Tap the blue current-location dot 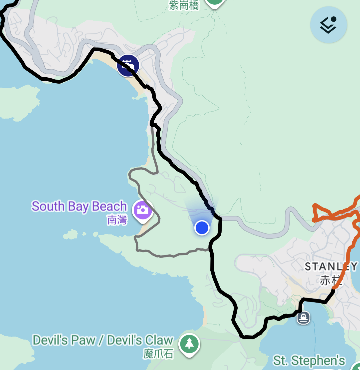click(x=202, y=228)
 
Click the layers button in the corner click(x=329, y=25)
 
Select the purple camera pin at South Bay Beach click(x=143, y=210)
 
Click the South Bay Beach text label click(x=79, y=206)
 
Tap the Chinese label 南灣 click(x=117, y=220)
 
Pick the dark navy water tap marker click(x=128, y=66)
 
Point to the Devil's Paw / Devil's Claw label click(x=103, y=340)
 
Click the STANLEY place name click(x=331, y=267)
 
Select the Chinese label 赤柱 click(x=329, y=280)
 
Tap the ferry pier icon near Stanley click(x=303, y=317)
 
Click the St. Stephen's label click(x=309, y=361)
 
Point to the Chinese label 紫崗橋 click(x=184, y=5)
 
